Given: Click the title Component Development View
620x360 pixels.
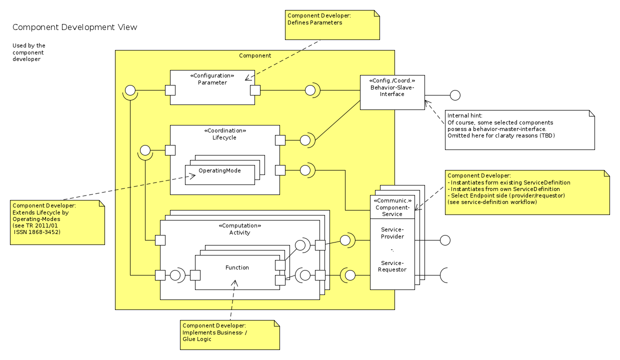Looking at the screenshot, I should pos(74,27).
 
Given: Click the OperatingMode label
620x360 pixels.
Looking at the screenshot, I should pos(219,170).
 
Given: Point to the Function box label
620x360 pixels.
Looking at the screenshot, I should pos(237,267).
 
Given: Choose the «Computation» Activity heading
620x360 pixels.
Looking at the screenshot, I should pos(239,229).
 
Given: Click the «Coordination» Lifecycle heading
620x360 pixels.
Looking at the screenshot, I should pos(224,134).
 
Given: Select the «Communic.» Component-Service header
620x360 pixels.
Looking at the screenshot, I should pos(392,207).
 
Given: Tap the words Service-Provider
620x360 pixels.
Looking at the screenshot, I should pos(392,233).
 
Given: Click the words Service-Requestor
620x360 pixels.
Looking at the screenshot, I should pos(392,266).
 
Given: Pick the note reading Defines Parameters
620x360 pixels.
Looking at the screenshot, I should pos(332,25).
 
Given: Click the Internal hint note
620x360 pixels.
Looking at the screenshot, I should pos(519,129).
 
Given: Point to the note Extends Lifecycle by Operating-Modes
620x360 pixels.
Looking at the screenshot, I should pos(57,222).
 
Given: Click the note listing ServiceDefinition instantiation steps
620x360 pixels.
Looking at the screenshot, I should pos(527,192).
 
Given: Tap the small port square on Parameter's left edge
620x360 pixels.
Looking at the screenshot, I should pos(170,90).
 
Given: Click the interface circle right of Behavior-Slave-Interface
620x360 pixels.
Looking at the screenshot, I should pos(455,95).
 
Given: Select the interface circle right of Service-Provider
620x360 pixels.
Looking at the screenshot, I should pos(445,240).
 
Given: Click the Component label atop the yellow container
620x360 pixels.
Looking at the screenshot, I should pos(255,55).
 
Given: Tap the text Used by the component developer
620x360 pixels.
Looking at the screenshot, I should pos(29,52).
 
